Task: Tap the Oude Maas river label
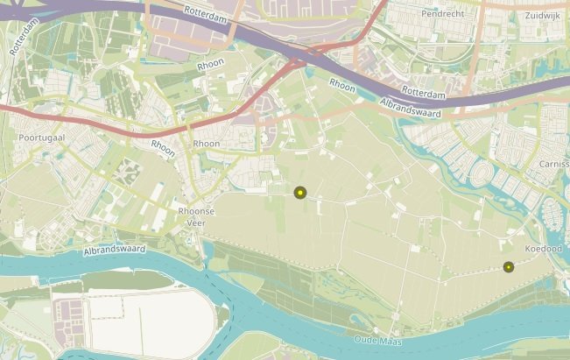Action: [377, 340]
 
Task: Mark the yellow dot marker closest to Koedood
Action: [508, 267]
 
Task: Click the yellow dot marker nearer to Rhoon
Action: [299, 193]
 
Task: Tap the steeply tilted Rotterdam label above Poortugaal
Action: [24, 38]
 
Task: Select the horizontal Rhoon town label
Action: [207, 144]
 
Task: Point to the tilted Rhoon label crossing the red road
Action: [163, 148]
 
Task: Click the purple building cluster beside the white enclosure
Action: [67, 315]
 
